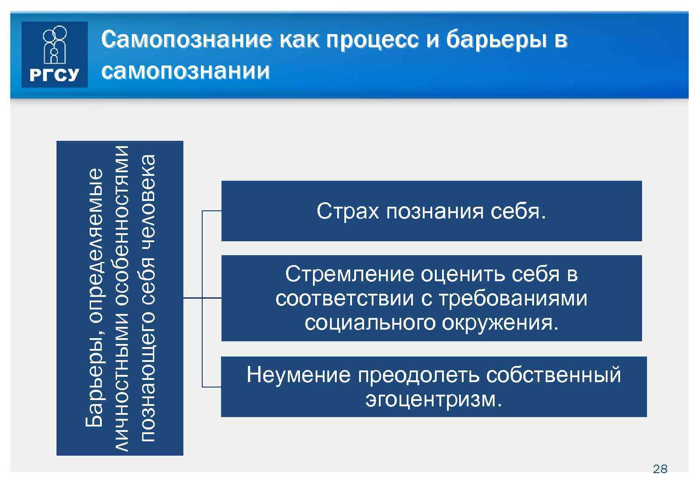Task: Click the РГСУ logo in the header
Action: [54, 55]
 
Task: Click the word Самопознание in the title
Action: [186, 40]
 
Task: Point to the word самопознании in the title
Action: [185, 71]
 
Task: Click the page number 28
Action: [660, 469]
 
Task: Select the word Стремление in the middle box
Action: [349, 274]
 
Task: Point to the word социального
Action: [370, 322]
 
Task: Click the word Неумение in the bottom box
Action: [298, 374]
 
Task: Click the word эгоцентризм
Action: [433, 399]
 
